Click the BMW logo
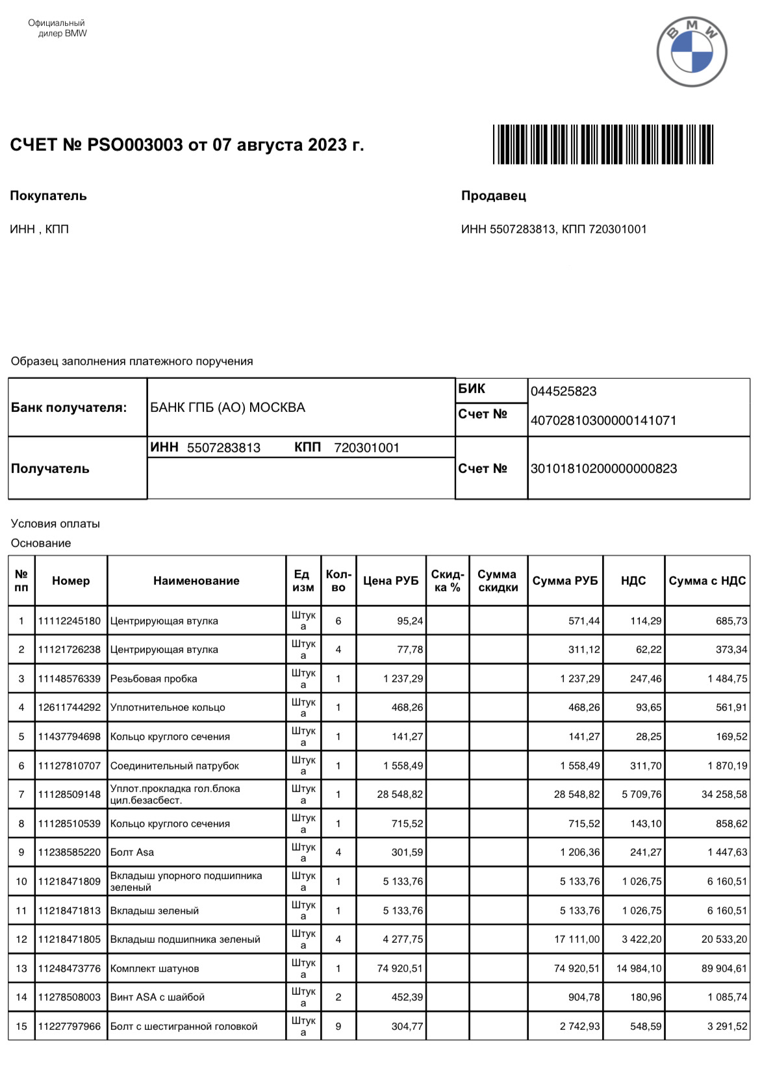tap(691, 52)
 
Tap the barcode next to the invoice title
tap(603, 144)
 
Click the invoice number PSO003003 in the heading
tap(135, 144)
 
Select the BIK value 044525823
tap(563, 391)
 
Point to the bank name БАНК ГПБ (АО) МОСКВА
tap(227, 407)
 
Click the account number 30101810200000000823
tap(603, 468)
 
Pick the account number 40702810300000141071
tap(603, 420)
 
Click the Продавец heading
tap(494, 196)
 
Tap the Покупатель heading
tap(48, 196)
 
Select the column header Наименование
tap(196, 581)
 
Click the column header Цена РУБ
tap(390, 581)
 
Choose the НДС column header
tap(633, 581)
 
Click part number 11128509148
tap(70, 794)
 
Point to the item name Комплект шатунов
tap(155, 968)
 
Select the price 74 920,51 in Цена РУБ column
tap(399, 968)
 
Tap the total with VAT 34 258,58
tap(724, 794)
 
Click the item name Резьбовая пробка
tap(153, 678)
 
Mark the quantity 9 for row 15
tap(338, 1026)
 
